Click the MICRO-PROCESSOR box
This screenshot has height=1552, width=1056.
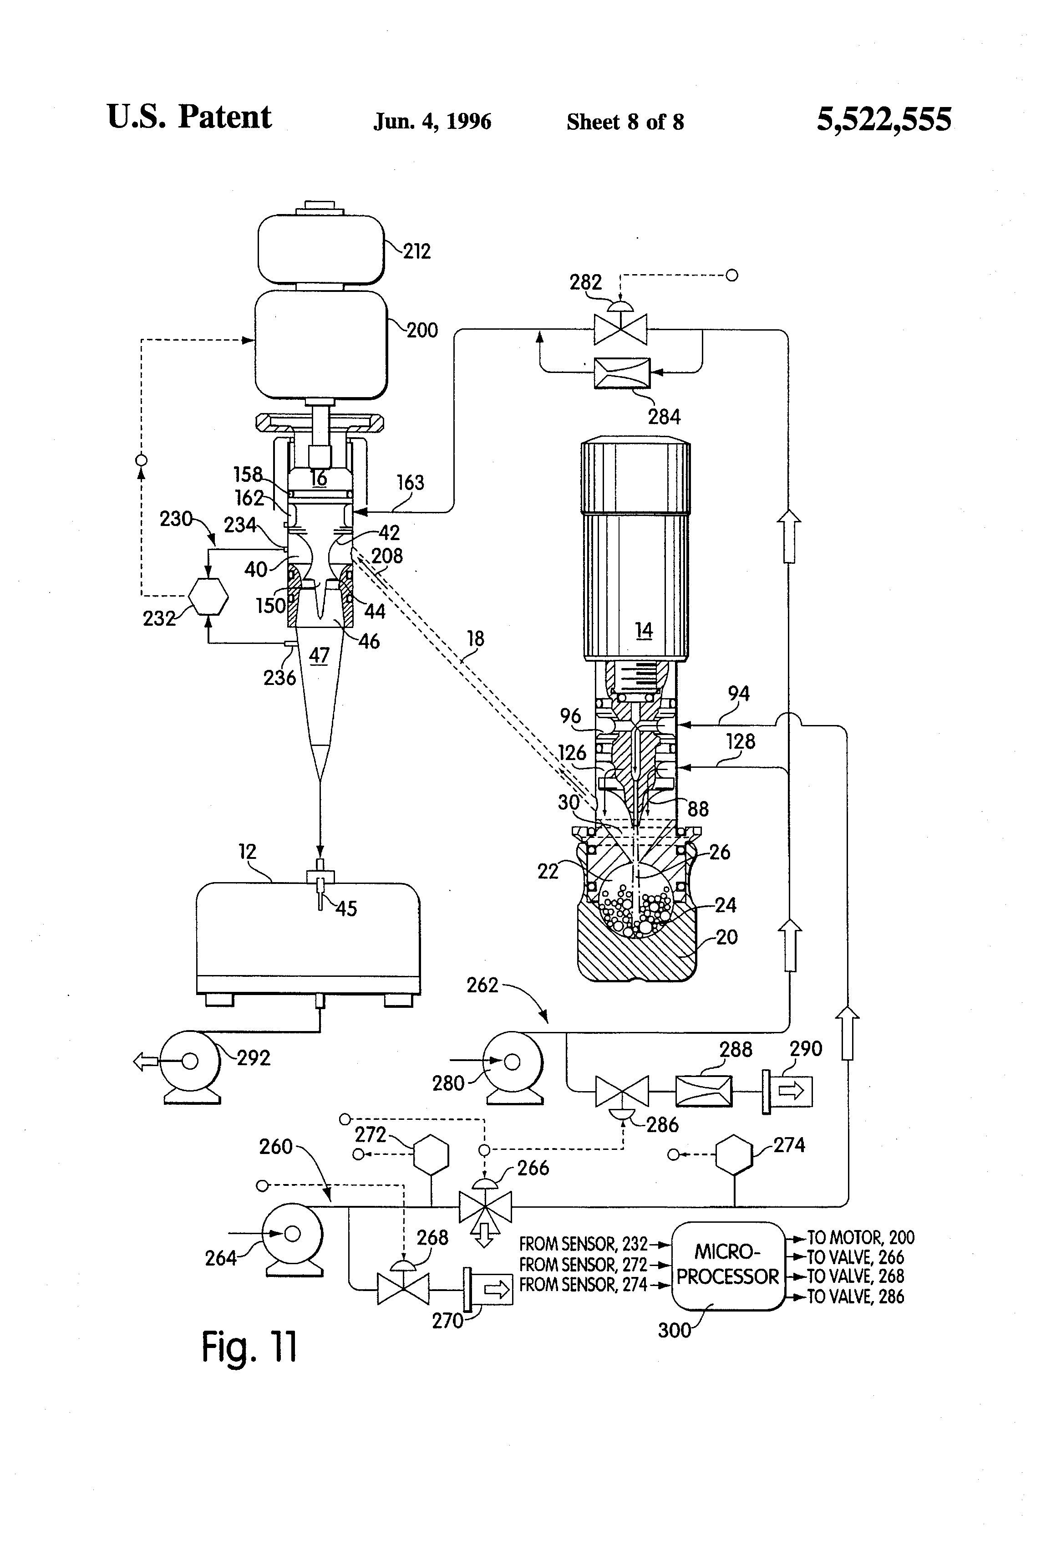(727, 1266)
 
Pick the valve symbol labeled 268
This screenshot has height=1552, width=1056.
(403, 1282)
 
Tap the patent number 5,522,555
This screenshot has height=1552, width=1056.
(884, 120)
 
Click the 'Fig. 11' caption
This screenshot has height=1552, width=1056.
(249, 1347)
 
